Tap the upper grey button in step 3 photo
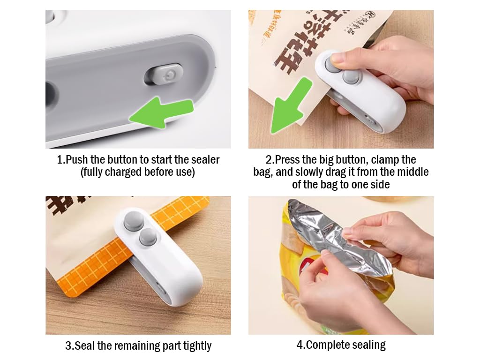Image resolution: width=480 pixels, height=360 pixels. [134, 221]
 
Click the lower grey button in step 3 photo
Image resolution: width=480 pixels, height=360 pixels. [148, 237]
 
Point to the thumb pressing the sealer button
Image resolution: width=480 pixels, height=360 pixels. [337, 60]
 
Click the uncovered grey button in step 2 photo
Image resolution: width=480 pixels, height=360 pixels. [351, 77]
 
